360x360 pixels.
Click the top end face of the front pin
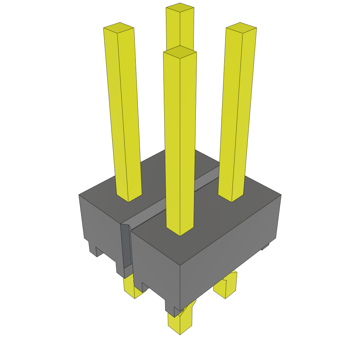click(x=180, y=52)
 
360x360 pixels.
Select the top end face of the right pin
click(x=241, y=28)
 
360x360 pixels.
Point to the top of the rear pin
click(x=180, y=8)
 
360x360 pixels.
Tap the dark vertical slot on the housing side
click(x=126, y=246)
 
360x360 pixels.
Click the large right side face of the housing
click(x=229, y=246)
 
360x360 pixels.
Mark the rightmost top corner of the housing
click(x=281, y=194)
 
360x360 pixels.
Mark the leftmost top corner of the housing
click(x=79, y=194)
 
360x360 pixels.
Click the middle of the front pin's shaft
click(x=180, y=141)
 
